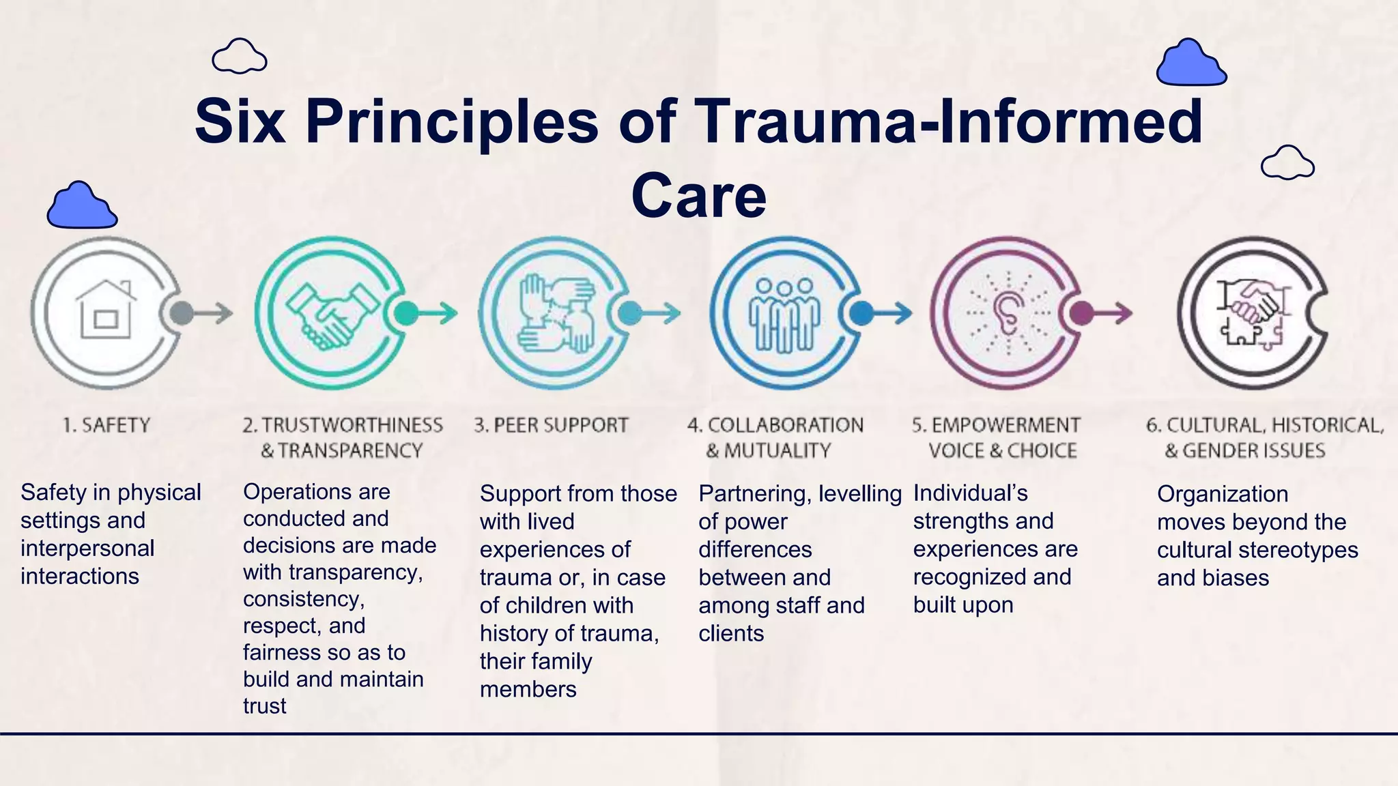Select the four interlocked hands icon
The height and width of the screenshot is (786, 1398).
point(556,314)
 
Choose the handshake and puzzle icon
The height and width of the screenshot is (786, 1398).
point(1251,314)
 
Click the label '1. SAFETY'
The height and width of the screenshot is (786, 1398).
point(106,425)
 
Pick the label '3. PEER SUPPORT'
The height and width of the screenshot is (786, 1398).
point(551,425)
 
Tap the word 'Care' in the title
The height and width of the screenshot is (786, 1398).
point(698,196)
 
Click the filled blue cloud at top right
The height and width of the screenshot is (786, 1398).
point(1191,63)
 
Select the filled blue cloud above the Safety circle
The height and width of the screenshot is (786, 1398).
point(81,206)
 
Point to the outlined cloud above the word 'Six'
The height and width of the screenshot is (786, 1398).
point(239,57)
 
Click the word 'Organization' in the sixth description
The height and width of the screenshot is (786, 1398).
point(1222,494)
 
